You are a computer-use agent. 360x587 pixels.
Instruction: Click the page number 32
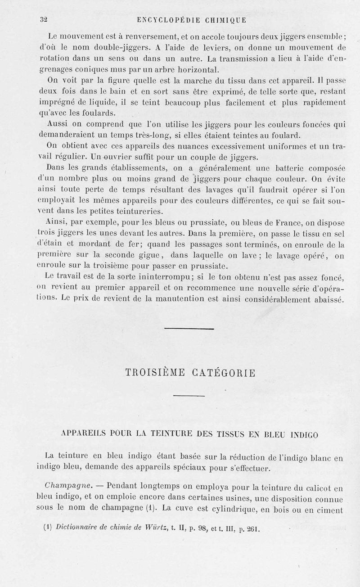44,19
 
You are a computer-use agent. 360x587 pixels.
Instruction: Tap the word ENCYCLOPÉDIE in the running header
166,20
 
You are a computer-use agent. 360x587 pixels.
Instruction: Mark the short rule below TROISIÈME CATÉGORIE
189,396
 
